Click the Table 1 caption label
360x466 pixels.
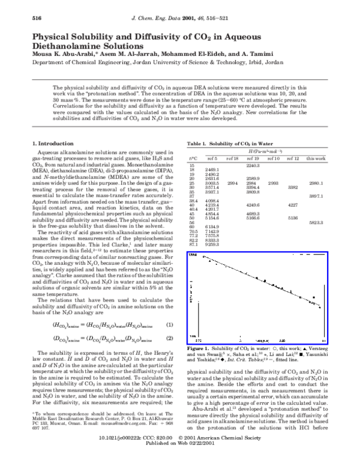[x=199, y=127]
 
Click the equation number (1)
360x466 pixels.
[x=169, y=325]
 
